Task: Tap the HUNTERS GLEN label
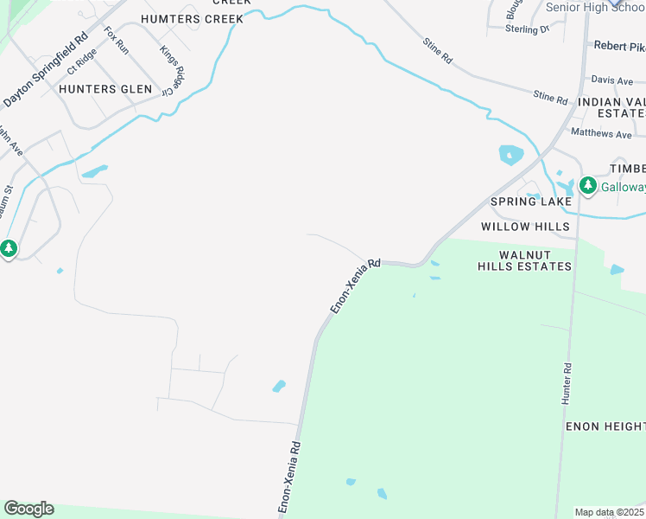105,89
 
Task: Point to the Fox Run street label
117,41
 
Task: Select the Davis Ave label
613,80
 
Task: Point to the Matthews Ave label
602,134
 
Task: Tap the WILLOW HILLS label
525,227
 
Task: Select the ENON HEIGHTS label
605,426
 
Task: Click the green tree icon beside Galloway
588,185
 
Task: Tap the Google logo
28,509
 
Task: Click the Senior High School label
596,7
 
